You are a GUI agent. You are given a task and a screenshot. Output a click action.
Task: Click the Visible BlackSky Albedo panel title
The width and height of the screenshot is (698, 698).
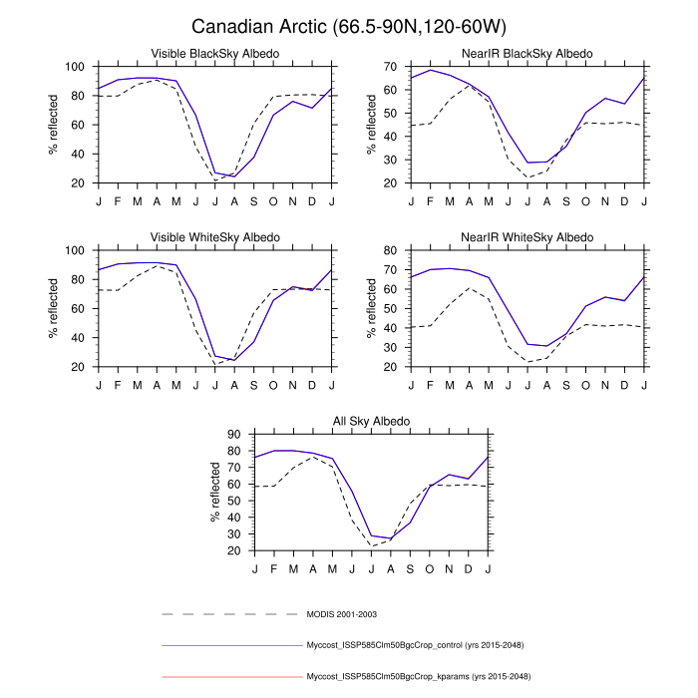(x=214, y=53)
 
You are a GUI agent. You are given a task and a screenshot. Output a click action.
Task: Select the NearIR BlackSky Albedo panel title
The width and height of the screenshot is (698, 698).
(x=527, y=53)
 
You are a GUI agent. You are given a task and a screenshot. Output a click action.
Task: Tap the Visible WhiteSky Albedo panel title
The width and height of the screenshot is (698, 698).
(x=214, y=236)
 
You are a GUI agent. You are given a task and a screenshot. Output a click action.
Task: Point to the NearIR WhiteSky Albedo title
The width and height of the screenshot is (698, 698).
(x=527, y=236)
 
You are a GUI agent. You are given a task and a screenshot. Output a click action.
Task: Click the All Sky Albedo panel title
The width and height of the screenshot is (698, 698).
(x=371, y=421)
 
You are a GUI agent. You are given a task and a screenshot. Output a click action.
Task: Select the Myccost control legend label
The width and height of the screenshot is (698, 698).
(x=418, y=645)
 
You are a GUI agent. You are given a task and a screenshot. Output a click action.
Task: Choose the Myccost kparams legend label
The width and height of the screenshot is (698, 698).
(x=419, y=676)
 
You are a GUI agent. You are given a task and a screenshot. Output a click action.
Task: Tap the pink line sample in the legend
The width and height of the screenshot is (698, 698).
(x=229, y=676)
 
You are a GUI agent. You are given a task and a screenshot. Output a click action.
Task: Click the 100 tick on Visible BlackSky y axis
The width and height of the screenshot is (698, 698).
(x=75, y=67)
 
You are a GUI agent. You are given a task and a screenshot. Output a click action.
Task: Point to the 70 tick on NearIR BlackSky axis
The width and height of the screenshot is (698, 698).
(x=394, y=67)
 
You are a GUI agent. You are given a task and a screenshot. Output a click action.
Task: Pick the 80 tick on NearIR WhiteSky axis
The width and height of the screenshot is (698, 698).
(x=394, y=250)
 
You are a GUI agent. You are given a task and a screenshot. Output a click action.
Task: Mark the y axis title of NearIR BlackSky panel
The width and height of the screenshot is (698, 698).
(x=371, y=125)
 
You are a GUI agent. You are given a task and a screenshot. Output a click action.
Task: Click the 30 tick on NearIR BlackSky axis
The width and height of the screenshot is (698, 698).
(x=394, y=160)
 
